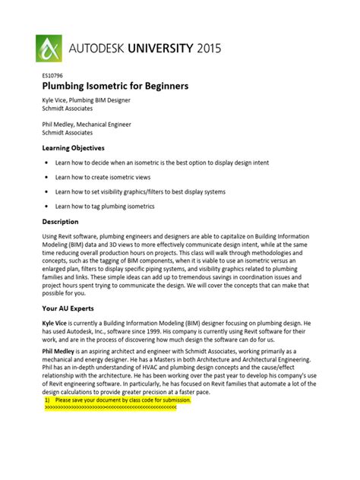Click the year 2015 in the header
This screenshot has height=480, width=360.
[204, 49]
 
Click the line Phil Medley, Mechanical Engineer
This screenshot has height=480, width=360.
[86, 124]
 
